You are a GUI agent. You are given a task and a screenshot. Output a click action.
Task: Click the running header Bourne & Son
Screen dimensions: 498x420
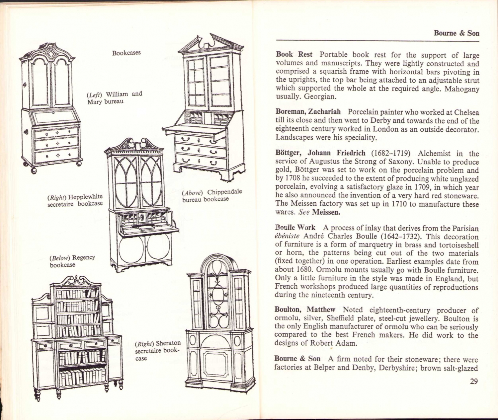tap(456, 33)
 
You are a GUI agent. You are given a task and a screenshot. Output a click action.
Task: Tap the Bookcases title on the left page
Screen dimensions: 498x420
tap(126, 53)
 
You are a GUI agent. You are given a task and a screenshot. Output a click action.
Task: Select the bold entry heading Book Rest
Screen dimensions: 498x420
tap(294, 55)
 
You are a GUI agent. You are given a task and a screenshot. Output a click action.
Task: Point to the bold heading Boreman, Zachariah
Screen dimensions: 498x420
tap(308, 111)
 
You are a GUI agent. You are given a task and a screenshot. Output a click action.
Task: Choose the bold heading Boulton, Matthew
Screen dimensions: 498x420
tap(305, 310)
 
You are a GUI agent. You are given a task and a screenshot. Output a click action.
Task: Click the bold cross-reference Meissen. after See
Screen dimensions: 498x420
tap(326, 212)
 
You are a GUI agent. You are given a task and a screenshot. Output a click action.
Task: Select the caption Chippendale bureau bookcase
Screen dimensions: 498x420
tap(212, 196)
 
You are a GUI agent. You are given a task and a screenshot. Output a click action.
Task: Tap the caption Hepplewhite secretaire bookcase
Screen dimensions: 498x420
tap(75, 200)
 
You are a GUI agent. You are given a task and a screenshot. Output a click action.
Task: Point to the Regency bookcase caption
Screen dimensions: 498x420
tap(72, 261)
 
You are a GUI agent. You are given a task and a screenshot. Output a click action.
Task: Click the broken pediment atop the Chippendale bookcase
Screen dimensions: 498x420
tap(211, 44)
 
